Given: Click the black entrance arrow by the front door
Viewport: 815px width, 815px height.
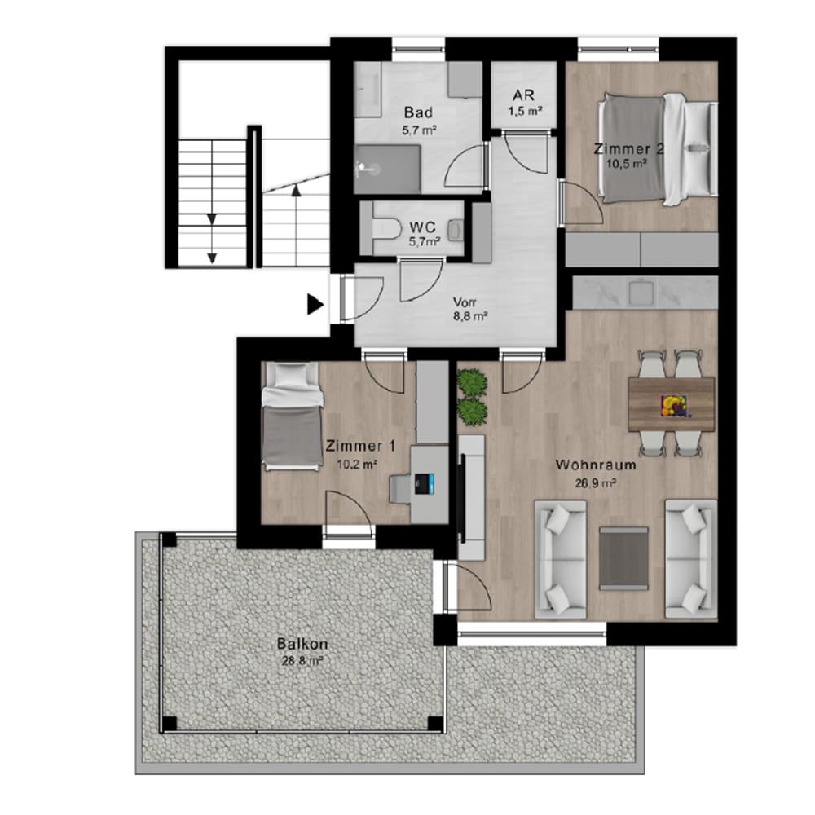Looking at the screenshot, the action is point(315,305).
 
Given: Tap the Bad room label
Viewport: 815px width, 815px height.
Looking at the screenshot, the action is point(418,112).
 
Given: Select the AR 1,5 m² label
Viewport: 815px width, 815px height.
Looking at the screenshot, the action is point(524,103).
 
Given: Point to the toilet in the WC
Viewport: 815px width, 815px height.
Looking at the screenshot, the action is point(386,229).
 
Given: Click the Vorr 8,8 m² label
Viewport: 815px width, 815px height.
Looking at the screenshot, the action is point(470,309).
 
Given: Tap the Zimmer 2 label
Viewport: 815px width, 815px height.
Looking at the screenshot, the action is point(628,149).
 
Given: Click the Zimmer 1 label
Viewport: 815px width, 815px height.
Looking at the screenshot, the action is point(360,446).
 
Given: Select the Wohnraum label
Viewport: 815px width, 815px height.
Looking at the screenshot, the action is point(596,465).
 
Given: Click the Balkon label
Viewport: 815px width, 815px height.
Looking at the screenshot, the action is point(302,645).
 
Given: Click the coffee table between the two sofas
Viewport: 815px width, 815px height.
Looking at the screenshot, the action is point(623,559).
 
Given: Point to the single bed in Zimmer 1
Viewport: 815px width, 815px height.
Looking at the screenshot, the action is point(292,416).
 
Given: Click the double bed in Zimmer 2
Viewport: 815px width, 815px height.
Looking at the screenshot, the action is point(657,149).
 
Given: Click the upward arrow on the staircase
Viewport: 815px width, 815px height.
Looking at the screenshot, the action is point(296,226).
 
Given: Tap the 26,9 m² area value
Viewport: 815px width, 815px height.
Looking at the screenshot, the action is point(596,482).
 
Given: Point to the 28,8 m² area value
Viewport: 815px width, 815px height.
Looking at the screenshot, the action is point(302,661).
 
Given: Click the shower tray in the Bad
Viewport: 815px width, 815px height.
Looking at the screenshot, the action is point(387,169).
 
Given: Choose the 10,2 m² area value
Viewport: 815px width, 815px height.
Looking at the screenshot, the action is point(357,465).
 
